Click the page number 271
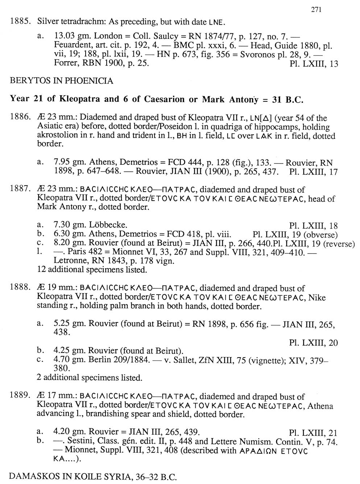[316, 10]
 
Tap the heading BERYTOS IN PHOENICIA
[61, 81]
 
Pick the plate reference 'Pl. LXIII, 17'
[314, 172]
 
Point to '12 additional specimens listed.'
[92, 270]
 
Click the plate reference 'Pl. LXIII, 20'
[314, 342]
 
